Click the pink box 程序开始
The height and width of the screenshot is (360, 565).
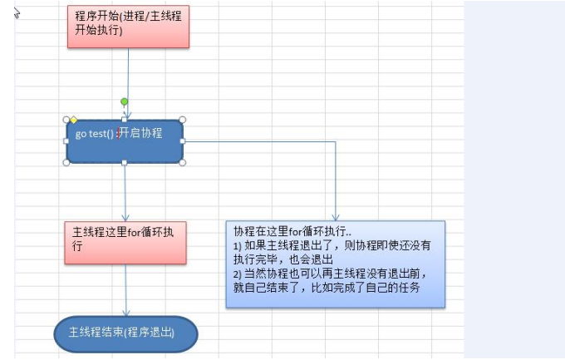point(127,26)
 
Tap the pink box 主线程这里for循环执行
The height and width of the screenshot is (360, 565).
point(125,242)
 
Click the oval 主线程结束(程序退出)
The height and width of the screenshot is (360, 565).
point(126,333)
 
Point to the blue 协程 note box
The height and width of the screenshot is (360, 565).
point(336,264)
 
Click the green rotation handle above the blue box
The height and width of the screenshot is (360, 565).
point(125,102)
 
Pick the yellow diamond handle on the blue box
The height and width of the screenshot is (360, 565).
point(73,120)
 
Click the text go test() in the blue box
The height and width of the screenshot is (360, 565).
point(95,133)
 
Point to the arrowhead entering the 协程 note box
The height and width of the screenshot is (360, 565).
point(336,217)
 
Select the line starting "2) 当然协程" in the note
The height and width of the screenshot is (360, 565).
point(335,274)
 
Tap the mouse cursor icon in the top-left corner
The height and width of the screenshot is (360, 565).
point(17,13)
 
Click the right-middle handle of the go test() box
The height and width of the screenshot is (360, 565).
point(183,141)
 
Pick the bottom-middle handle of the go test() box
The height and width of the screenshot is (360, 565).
point(125,163)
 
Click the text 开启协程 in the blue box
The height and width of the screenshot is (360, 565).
point(142,133)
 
